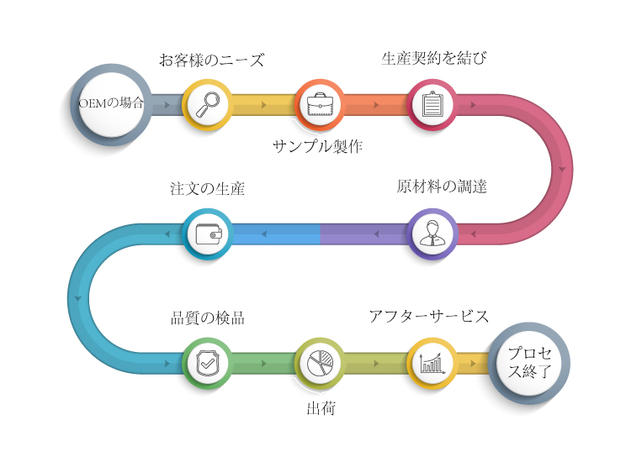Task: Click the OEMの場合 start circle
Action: [110, 104]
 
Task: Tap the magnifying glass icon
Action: [207, 104]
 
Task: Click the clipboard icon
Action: [432, 104]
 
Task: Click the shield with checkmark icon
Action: [207, 363]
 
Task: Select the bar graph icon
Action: [432, 363]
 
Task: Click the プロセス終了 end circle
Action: [530, 363]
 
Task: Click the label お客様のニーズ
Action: [211, 60]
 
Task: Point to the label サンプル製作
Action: [317, 146]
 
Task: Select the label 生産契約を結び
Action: [434, 58]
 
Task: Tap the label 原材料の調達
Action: [442, 186]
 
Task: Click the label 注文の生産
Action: [207, 188]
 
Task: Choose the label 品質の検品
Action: [208, 318]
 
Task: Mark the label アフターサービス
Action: [428, 316]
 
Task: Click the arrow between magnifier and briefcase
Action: [264, 105]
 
